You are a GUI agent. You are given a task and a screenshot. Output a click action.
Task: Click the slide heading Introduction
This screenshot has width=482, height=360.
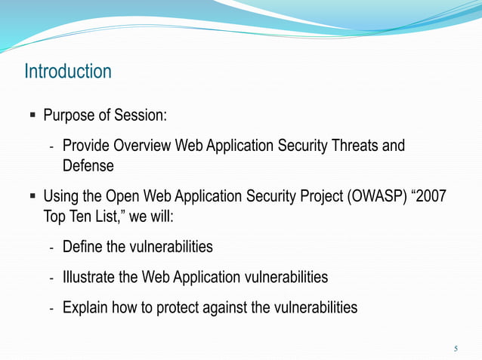[68, 72]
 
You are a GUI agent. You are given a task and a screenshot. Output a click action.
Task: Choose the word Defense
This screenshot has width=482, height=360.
[88, 165]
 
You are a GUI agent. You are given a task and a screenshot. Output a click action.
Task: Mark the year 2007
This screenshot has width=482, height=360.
[431, 196]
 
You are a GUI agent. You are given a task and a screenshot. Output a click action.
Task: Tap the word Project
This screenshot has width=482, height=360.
[309, 196]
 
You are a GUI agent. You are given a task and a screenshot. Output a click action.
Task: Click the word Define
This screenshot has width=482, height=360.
[83, 247]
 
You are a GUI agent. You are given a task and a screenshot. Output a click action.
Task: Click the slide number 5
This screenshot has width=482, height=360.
[456, 348]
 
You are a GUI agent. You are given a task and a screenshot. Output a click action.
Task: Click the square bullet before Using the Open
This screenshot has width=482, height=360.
[32, 197]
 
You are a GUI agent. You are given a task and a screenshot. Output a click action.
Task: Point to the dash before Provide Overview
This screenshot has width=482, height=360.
[51, 146]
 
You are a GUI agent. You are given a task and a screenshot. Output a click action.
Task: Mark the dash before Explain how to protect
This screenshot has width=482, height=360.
[51, 308]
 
